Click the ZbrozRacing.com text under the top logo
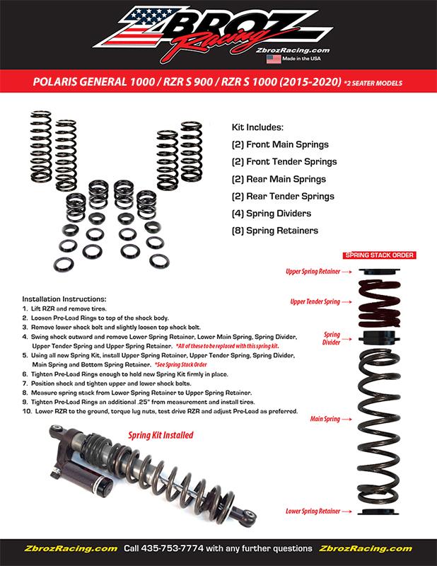[287, 49]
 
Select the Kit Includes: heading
[257, 128]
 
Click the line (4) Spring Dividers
[272, 213]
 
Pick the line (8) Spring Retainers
[274, 230]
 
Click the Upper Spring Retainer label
[315, 271]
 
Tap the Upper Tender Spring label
[319, 301]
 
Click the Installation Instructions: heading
[64, 299]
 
